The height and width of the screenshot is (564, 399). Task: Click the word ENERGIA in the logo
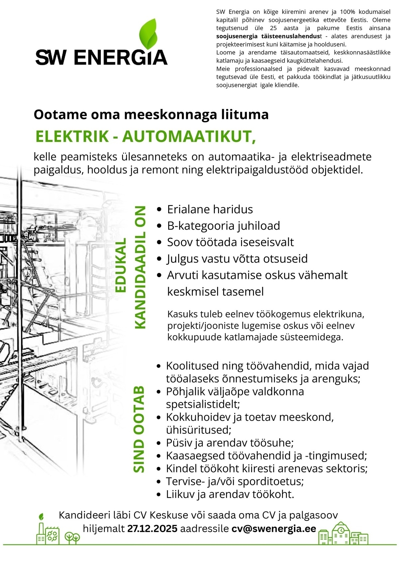pos(121,57)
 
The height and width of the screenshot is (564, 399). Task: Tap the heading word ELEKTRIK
pos(72,137)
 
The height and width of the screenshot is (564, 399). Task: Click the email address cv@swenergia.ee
pos(274,528)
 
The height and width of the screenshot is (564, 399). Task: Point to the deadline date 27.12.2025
pos(152,528)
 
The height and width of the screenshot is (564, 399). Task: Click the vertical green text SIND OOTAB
pos(139,429)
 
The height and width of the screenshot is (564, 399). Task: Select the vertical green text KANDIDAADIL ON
pos(140,268)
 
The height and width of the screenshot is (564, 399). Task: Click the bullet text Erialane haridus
pos(210,209)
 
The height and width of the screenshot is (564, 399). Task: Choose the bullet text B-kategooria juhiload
pos(223,226)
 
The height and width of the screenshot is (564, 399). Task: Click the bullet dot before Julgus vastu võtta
pos(160,259)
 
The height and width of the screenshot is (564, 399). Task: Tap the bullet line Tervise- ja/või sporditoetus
pos(235,481)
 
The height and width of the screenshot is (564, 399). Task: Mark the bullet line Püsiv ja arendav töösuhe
pos(230,443)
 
